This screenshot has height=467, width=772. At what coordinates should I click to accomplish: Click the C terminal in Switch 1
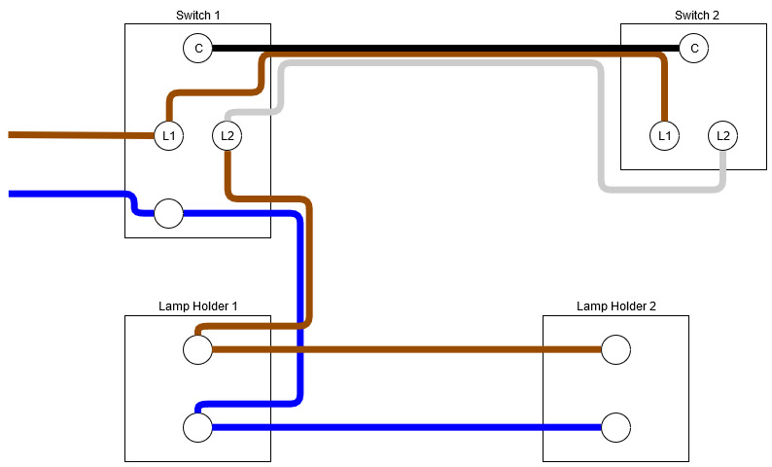pyautogui.click(x=198, y=48)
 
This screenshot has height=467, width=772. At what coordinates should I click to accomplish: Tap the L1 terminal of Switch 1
pyautogui.click(x=169, y=135)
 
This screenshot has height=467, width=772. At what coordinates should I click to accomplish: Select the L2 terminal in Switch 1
pyautogui.click(x=228, y=135)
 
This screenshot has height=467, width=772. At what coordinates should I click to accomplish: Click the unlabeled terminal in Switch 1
pyautogui.click(x=169, y=213)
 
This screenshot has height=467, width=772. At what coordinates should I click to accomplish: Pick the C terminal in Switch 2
pyautogui.click(x=693, y=48)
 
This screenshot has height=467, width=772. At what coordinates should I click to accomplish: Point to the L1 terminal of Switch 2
pyautogui.click(x=664, y=135)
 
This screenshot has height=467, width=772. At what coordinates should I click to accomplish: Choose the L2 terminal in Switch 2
pyautogui.click(x=722, y=135)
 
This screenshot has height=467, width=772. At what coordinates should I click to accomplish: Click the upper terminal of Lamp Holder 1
pyautogui.click(x=198, y=349)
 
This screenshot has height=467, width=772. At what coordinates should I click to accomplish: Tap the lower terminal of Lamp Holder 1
pyautogui.click(x=198, y=427)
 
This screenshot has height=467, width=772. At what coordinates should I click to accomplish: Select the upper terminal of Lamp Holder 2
pyautogui.click(x=615, y=349)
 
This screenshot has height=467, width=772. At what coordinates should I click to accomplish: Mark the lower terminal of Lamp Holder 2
pyautogui.click(x=615, y=427)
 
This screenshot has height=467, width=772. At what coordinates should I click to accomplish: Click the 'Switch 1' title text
pyautogui.click(x=197, y=15)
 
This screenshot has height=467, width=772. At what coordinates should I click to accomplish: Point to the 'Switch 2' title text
pyautogui.click(x=696, y=15)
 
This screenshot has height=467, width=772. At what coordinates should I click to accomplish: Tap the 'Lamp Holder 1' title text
pyautogui.click(x=197, y=305)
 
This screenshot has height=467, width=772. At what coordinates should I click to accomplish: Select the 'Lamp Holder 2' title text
pyautogui.click(x=615, y=305)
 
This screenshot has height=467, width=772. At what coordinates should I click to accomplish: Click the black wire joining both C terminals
pyautogui.click(x=438, y=48)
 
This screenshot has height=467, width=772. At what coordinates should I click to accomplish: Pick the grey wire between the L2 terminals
pyautogui.click(x=438, y=64)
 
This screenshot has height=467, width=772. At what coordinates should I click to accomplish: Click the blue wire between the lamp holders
pyautogui.click(x=408, y=427)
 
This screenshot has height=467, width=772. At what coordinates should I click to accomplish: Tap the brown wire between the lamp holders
pyautogui.click(x=408, y=349)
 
